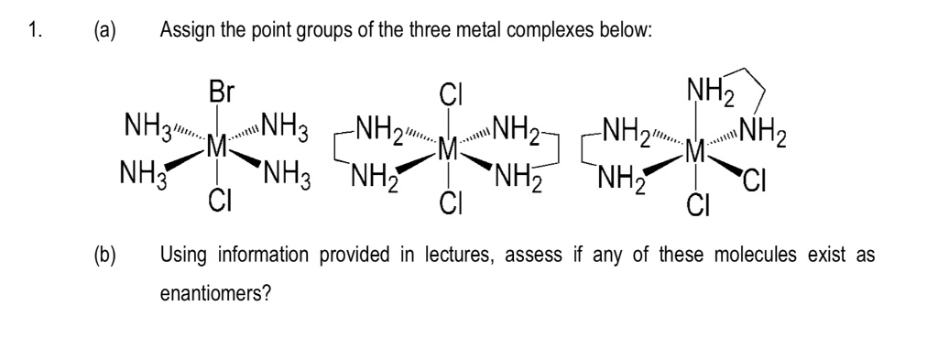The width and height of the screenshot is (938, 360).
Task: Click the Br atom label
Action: point(221,93)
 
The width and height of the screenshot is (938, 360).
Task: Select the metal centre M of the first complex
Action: point(217,146)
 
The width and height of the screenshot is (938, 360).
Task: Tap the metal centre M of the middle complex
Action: point(449,146)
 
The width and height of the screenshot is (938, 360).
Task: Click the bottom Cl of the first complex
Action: point(219,198)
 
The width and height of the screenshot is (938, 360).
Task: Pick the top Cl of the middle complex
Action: point(449,93)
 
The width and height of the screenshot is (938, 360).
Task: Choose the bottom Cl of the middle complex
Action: point(449,198)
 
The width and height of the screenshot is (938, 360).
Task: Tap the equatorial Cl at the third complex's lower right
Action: point(759,172)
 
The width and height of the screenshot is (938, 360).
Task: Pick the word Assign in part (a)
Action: point(185,31)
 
